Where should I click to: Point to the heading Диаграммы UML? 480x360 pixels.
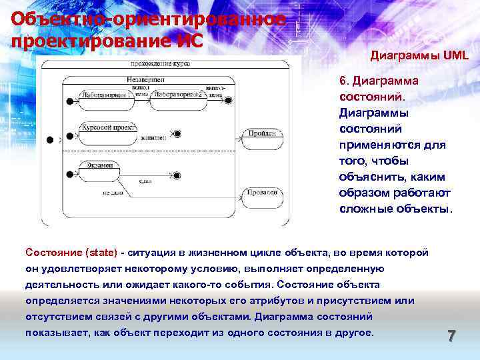[x=419, y=57]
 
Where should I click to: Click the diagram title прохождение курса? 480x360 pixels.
[x=161, y=64]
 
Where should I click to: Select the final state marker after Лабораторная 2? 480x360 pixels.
[x=229, y=101]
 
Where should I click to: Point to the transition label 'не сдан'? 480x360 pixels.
[x=114, y=193]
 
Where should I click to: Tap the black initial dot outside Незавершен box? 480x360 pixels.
[x=49, y=140]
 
